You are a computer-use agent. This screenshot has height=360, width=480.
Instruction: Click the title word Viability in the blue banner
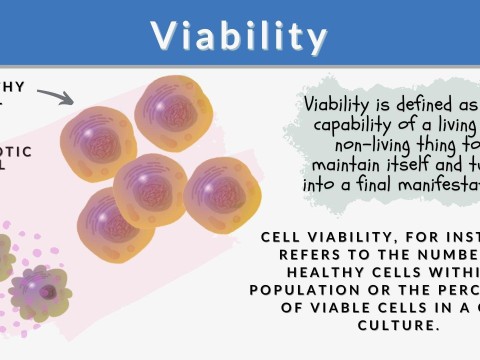240,36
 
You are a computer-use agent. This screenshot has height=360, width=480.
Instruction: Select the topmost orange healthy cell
174,112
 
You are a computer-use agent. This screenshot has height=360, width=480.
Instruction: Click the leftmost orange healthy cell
98,142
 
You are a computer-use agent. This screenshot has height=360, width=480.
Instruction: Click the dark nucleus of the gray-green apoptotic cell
47,291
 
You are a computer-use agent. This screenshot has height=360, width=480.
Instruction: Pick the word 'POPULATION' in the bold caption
298,290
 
